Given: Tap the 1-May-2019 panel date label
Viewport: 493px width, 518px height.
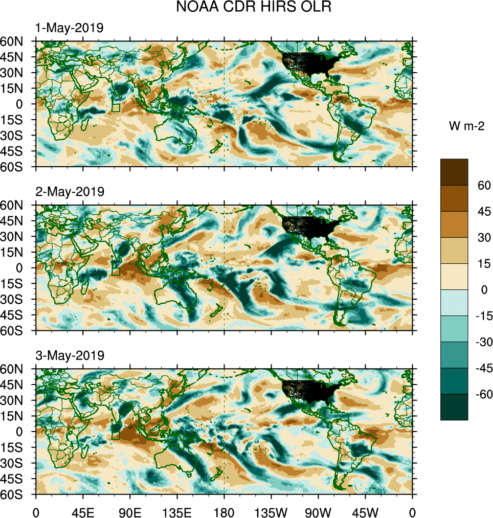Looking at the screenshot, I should (x=69, y=28).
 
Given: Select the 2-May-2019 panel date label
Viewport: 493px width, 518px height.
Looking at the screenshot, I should (x=69, y=192).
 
